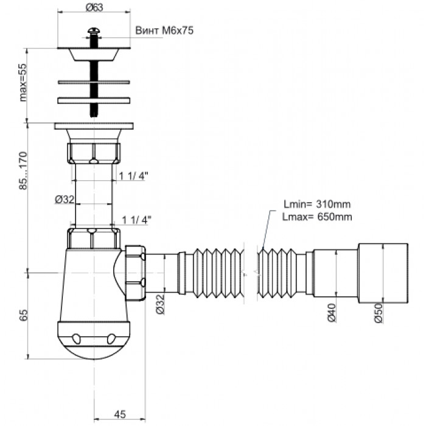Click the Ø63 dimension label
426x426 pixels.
pos(94,7)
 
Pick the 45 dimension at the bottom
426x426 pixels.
pos(120,414)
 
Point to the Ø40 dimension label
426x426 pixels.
pos(329,316)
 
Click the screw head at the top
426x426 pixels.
pos(94,29)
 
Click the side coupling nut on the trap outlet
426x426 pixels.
pos(135,271)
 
